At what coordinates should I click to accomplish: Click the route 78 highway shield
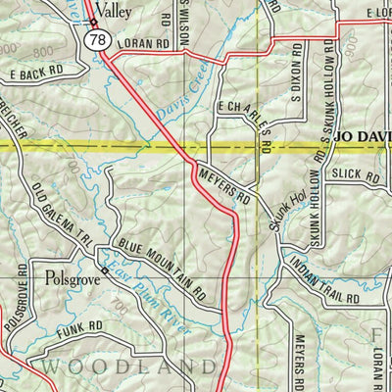click(96, 40)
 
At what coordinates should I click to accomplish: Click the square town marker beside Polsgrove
click(104, 271)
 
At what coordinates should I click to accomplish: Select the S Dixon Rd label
click(292, 73)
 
